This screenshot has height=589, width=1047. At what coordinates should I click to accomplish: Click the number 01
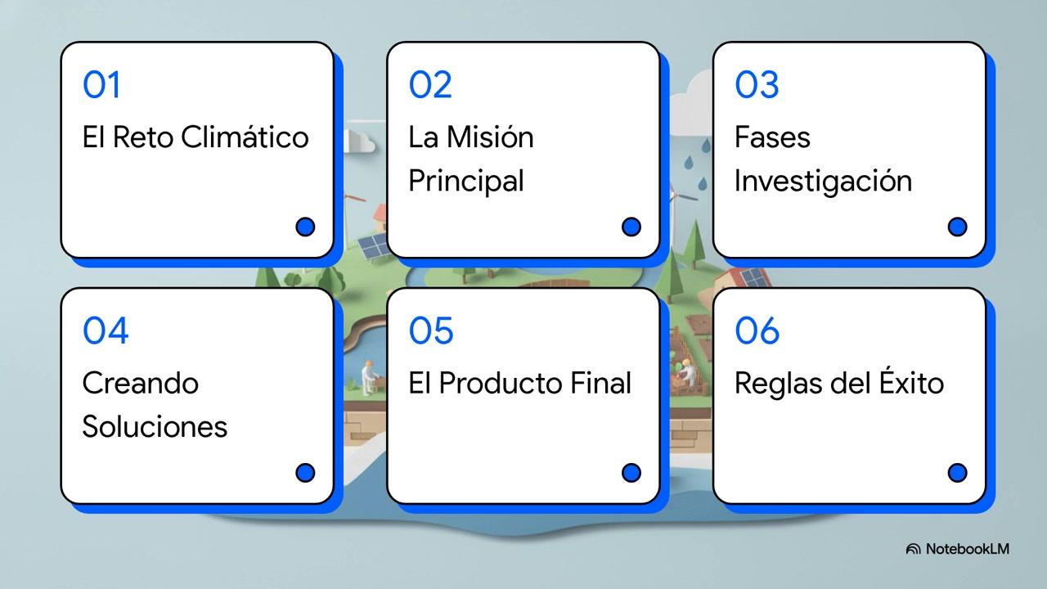click(x=101, y=84)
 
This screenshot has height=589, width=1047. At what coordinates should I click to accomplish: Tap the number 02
click(x=430, y=84)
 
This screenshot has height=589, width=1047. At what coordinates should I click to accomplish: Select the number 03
click(x=757, y=84)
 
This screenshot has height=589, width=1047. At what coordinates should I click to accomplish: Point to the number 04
click(x=106, y=330)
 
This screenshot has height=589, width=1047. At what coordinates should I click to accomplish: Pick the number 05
click(x=431, y=330)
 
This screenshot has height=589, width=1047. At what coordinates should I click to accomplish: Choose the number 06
click(x=757, y=330)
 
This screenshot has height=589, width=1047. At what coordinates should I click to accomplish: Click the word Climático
click(x=245, y=137)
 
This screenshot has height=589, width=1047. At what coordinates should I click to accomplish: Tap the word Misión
click(x=490, y=137)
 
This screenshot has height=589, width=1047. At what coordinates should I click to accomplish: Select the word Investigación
click(x=823, y=182)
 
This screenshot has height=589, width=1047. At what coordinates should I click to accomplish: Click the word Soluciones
click(x=155, y=426)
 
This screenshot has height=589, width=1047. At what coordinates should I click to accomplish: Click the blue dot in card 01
click(x=305, y=227)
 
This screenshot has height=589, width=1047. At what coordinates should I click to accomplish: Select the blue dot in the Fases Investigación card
click(x=957, y=227)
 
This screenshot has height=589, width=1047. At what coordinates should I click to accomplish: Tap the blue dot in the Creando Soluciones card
click(x=305, y=473)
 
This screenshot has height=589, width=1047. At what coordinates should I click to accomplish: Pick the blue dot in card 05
click(x=631, y=473)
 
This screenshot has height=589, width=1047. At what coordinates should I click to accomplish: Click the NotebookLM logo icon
click(x=913, y=549)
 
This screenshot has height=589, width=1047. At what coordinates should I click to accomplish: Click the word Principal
click(x=466, y=182)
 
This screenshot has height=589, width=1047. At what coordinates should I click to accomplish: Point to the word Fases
click(x=772, y=137)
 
